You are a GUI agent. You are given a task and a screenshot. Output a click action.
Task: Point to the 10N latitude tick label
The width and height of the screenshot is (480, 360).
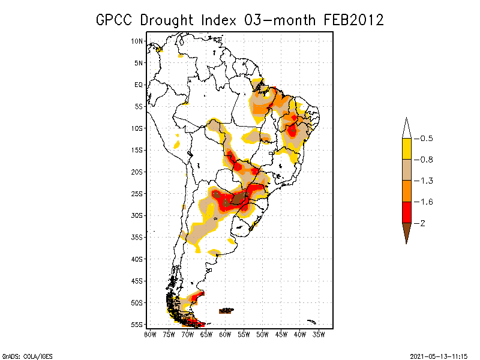click(x=137, y=41)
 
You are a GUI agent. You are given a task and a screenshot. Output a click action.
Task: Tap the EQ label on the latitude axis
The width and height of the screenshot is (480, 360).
click(x=139, y=85)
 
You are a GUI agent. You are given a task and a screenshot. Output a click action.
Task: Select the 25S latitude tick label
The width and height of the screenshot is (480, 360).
click(x=137, y=194)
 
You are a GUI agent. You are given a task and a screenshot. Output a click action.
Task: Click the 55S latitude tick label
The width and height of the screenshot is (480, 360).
click(x=137, y=325)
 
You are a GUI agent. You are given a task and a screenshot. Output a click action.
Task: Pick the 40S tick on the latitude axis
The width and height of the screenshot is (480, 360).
click(x=137, y=259)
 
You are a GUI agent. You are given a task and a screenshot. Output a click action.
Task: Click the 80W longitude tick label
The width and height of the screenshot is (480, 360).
click(x=150, y=334)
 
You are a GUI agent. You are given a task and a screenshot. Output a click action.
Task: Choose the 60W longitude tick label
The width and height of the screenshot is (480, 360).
click(x=225, y=334)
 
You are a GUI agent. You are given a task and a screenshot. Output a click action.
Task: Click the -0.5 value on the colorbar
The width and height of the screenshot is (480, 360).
click(x=426, y=139)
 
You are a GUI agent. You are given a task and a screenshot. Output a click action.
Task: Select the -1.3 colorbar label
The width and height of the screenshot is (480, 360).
click(x=426, y=181)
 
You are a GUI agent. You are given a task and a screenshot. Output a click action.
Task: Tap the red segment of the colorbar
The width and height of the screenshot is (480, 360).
click(x=406, y=212)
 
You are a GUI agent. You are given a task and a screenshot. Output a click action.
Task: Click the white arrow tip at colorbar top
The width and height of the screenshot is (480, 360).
click(x=406, y=128)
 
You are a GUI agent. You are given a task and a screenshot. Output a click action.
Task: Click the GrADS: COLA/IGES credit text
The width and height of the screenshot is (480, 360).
click(x=22, y=355)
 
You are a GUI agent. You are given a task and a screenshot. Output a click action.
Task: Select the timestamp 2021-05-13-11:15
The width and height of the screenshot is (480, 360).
click(x=439, y=355)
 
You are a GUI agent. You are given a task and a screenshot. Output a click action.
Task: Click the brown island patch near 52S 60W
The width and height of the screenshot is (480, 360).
click(x=226, y=310)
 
